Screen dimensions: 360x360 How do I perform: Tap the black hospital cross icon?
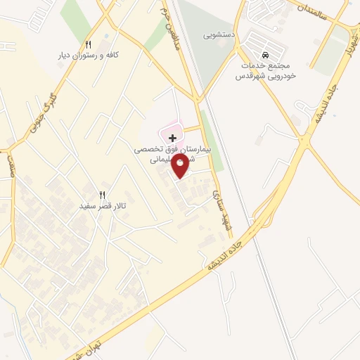pyautogui.click(x=172, y=139)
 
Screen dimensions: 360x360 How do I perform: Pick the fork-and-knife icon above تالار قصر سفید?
pyautogui.click(x=102, y=195)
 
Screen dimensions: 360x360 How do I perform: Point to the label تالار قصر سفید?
pyautogui.click(x=102, y=206)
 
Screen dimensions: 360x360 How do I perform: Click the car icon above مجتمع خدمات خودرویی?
pyautogui.click(x=265, y=56)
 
